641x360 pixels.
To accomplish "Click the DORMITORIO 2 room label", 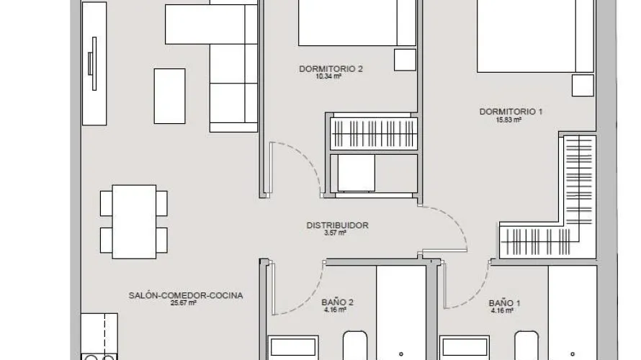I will pos(331,69).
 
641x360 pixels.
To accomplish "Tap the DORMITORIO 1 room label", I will pos(511,112).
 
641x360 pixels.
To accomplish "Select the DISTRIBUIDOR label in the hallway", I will pos(337,225).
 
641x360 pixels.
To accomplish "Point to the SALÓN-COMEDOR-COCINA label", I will pos(185,295).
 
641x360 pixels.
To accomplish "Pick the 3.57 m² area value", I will pos(336,233).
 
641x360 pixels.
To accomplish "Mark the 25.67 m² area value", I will pos(184,303).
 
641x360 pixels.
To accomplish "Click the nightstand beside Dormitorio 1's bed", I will pos(582,85).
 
